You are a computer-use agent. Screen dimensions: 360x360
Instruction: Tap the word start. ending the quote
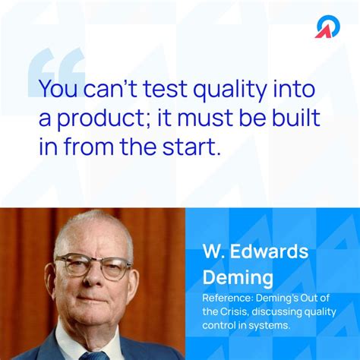pos(195,147)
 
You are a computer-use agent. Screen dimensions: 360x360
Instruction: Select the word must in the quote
pos(192,118)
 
